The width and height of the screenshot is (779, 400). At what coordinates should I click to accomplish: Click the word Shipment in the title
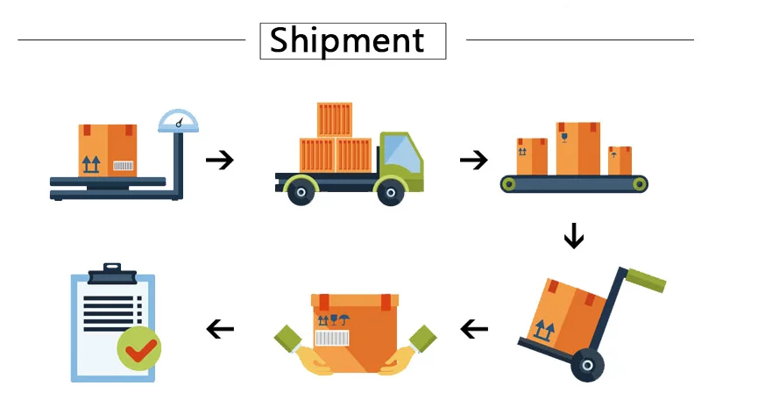[347, 40]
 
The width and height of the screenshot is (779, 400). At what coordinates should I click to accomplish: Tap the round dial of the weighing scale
[178, 122]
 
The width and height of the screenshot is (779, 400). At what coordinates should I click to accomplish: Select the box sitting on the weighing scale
[107, 150]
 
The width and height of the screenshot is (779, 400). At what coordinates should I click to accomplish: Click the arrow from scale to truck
[220, 160]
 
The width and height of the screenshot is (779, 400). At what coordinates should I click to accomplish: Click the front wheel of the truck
[391, 191]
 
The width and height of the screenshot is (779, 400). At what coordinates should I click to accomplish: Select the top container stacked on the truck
[334, 119]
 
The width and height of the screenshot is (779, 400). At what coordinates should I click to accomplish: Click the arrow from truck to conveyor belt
[473, 160]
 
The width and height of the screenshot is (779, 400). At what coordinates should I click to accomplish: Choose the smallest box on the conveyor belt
[620, 161]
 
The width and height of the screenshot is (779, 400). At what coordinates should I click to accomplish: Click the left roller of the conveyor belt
[508, 184]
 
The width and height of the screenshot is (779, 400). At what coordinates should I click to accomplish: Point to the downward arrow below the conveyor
[574, 235]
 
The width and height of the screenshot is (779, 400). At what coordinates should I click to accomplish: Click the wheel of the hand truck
[587, 365]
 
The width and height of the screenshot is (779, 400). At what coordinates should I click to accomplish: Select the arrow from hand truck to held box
[474, 329]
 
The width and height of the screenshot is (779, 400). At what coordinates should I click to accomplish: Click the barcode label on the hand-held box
[331, 339]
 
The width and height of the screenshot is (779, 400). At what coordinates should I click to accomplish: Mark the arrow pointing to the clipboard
[220, 329]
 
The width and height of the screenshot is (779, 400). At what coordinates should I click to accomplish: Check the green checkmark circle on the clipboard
[138, 348]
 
